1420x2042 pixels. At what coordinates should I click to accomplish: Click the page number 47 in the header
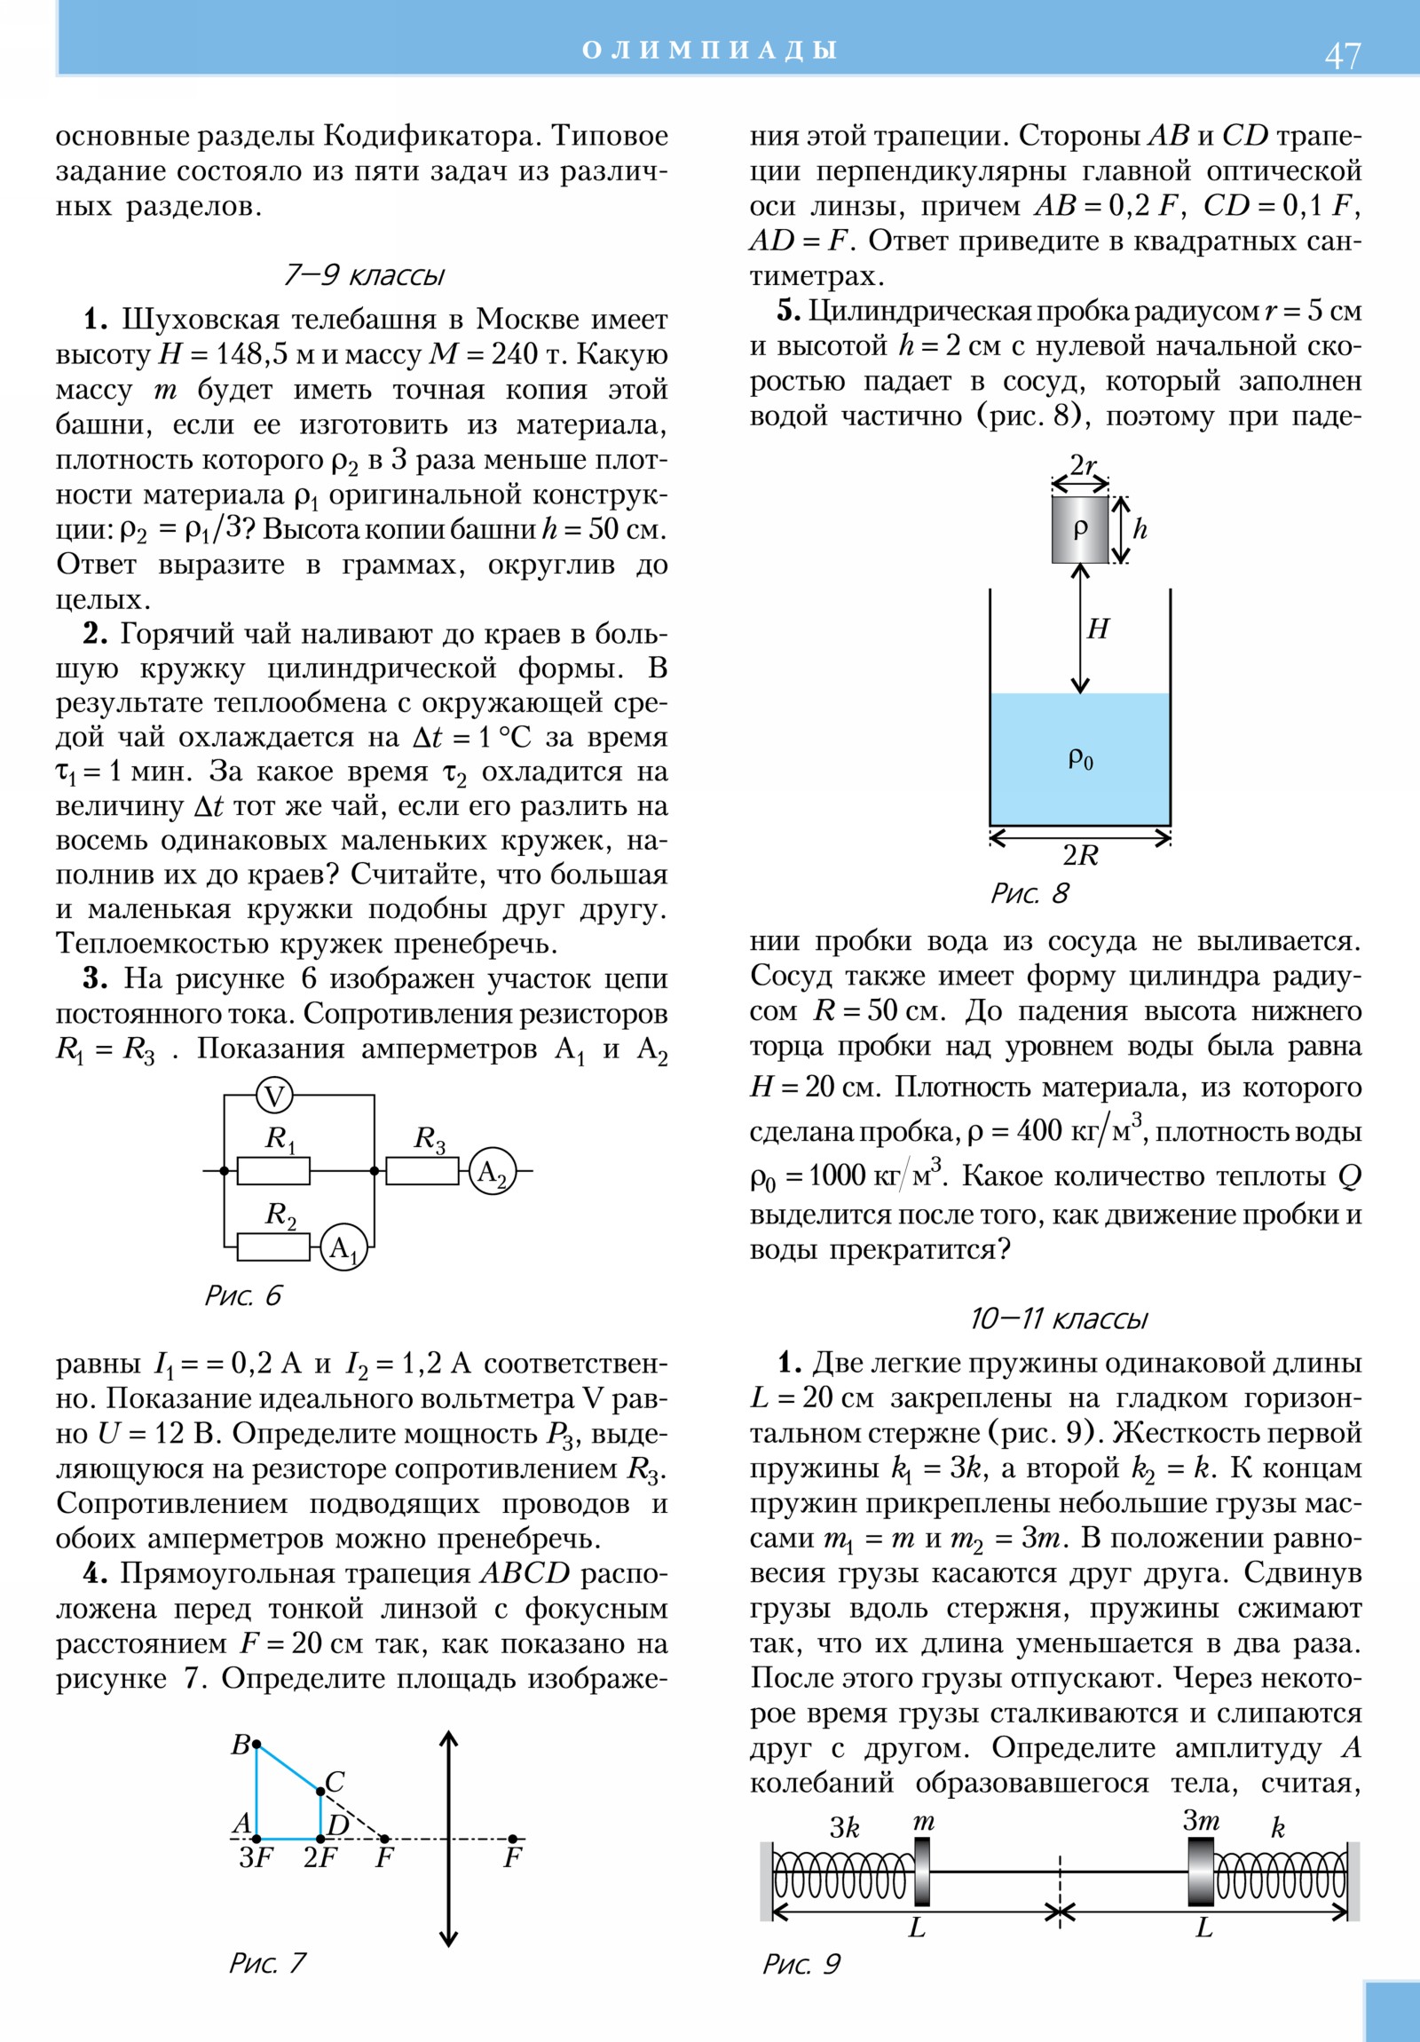(x=1342, y=56)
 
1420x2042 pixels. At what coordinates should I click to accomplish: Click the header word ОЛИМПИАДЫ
(x=709, y=50)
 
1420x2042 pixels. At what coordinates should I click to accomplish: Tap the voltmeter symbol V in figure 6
(x=275, y=1096)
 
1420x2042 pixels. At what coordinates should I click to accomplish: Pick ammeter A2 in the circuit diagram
(x=492, y=1171)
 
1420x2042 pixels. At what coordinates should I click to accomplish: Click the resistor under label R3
(x=422, y=1171)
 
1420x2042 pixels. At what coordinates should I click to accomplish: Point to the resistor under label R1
(x=274, y=1171)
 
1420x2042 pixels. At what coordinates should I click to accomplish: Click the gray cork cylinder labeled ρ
(x=1079, y=530)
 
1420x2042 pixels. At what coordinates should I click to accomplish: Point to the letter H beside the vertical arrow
(x=1098, y=629)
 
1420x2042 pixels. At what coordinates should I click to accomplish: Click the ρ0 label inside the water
(x=1080, y=758)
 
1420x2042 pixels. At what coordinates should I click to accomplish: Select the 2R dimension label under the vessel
(x=1080, y=855)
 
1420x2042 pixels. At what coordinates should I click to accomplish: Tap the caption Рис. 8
(x=1029, y=893)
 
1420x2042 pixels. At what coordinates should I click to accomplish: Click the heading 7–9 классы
(x=363, y=275)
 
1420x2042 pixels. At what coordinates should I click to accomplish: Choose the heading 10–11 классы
(x=1058, y=1318)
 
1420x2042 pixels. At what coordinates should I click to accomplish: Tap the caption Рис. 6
(x=243, y=1295)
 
